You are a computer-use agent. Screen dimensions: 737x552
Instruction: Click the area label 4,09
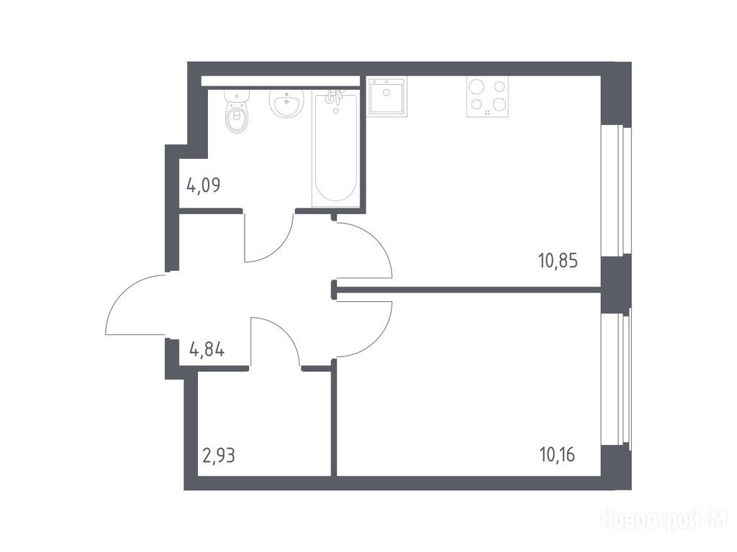[x=204, y=185]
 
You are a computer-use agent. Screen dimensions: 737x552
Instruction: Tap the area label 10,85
[x=558, y=260]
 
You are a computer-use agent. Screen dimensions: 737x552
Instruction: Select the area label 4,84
[x=207, y=350]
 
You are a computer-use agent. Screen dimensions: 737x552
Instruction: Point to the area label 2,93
[x=218, y=455]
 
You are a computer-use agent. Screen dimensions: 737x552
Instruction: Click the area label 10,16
[x=558, y=455]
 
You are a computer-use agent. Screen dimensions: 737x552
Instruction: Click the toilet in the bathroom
[x=236, y=111]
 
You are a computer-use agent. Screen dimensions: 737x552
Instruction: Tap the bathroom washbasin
[x=286, y=102]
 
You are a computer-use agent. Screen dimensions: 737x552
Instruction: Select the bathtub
[x=335, y=149]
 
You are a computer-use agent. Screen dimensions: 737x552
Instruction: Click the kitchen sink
[x=386, y=96]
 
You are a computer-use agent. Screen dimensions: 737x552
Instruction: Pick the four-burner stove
[x=487, y=97]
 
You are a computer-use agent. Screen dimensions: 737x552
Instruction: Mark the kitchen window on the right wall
[x=616, y=190]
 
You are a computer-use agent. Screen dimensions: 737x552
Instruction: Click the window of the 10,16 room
[x=616, y=378]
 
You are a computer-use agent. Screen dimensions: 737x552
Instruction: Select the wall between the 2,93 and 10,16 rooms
[x=334, y=418]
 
